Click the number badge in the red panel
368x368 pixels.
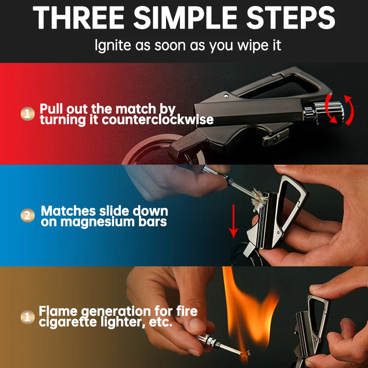click(x=28, y=114)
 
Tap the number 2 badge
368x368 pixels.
click(x=28, y=215)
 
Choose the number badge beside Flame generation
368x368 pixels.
click(x=28, y=316)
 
